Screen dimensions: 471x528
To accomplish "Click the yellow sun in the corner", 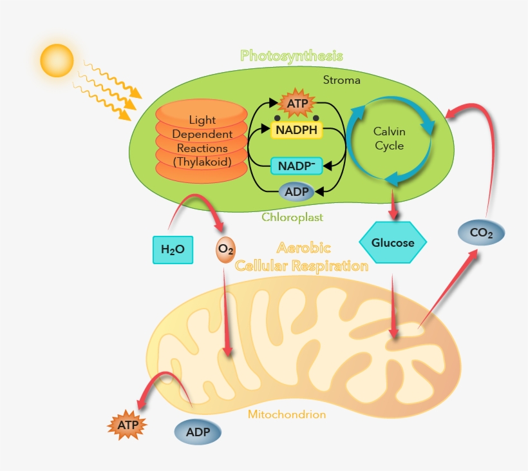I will tap(57, 61).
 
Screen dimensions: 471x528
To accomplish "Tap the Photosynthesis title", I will tap(291, 55).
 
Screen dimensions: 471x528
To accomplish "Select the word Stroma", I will tap(342, 81).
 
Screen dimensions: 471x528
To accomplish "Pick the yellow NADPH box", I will tap(297, 130).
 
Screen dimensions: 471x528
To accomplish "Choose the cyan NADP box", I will tap(296, 166).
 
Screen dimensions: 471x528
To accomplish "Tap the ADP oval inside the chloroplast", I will tap(296, 191).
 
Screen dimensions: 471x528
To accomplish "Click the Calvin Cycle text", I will tap(389, 139).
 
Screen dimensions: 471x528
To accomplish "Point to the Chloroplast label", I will tap(292, 217).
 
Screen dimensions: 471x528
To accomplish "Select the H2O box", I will tap(173, 250).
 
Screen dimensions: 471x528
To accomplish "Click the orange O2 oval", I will tap(225, 249).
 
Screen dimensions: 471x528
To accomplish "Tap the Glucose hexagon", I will tap(393, 243).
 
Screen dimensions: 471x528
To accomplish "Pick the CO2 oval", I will tap(481, 233).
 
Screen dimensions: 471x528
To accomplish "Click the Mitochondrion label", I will tap(287, 414).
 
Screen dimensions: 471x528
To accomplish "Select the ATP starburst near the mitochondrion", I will tap(127, 425).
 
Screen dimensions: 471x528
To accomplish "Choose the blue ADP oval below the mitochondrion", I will tap(197, 432).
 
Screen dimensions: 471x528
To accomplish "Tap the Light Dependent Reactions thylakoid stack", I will tap(202, 140).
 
